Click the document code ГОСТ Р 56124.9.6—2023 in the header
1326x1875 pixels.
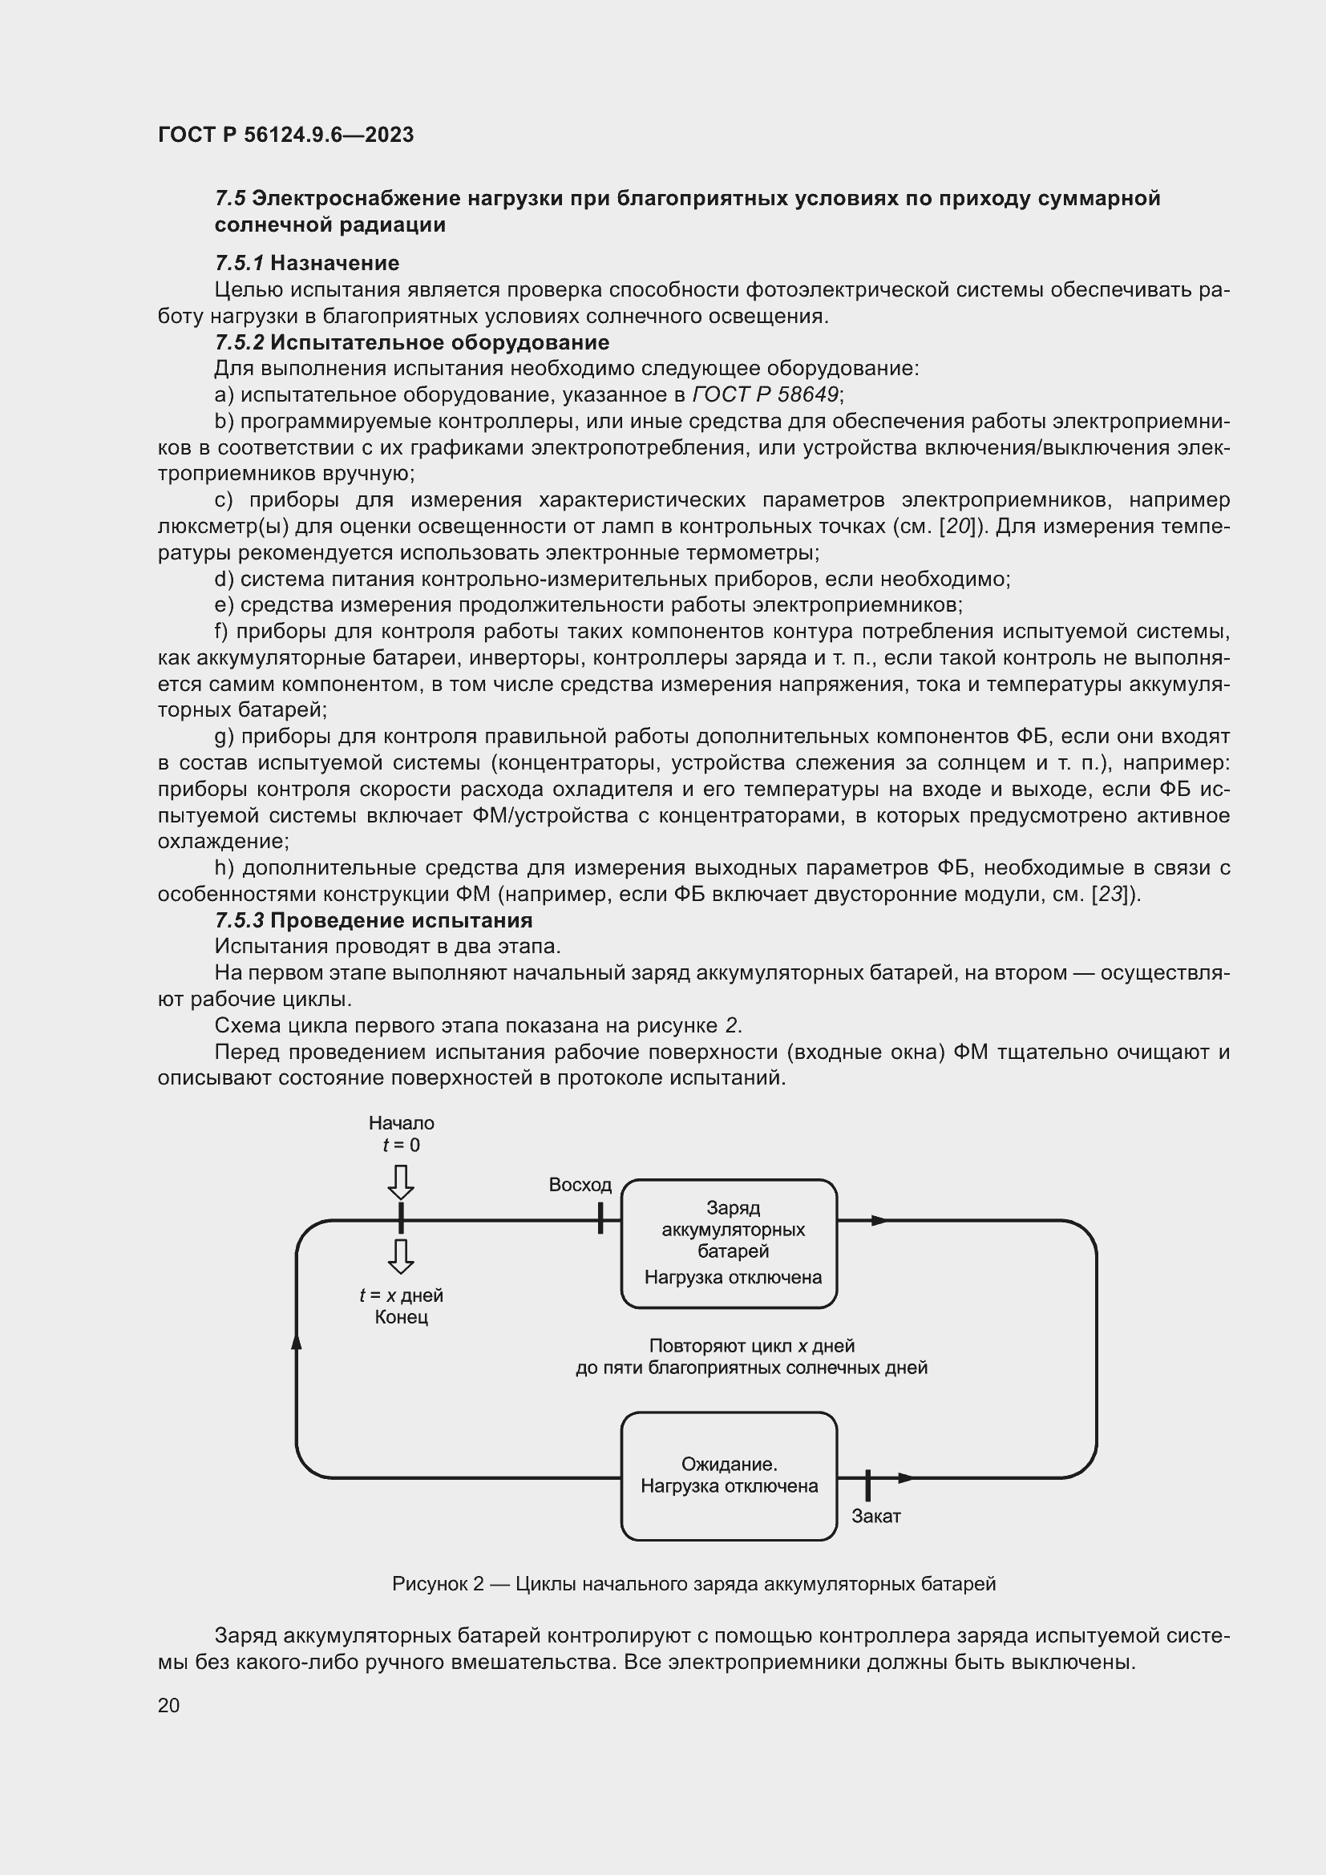(x=285, y=135)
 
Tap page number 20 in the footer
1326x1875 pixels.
(x=169, y=1706)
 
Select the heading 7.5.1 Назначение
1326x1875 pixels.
(x=307, y=263)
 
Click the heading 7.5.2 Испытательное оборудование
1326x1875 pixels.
(x=411, y=342)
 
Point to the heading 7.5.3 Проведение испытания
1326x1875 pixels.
(x=373, y=920)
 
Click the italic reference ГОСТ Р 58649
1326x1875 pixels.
(x=765, y=395)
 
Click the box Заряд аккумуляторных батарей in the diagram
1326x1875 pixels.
(x=729, y=1244)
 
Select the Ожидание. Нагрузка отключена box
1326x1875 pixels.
(x=729, y=1477)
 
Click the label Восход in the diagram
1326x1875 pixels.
(x=580, y=1185)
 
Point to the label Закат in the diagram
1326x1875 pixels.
(x=876, y=1517)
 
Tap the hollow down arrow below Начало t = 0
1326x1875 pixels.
(x=401, y=1182)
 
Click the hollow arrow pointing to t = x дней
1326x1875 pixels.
(x=401, y=1256)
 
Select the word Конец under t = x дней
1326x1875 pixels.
(x=401, y=1317)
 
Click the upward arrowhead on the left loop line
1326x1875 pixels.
(x=297, y=1340)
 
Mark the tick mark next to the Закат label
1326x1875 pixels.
(x=867, y=1485)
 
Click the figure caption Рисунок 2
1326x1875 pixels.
(x=693, y=1584)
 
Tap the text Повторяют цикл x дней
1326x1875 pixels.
(x=751, y=1346)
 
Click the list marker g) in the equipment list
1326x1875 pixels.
(x=224, y=737)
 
